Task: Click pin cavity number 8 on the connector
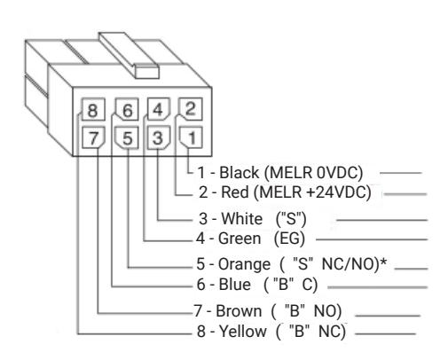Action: (93, 109)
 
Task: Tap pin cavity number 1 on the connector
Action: (192, 137)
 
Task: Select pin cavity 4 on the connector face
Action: (159, 109)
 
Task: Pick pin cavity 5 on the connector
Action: (127, 137)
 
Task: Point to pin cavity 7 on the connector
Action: (93, 137)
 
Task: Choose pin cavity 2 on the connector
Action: (191, 109)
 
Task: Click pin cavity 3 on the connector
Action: (159, 137)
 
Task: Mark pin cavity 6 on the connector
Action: (127, 109)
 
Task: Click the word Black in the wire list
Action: (239, 173)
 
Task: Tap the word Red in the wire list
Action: (235, 192)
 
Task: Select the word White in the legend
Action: (242, 219)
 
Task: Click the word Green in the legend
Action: (240, 239)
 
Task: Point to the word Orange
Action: (244, 264)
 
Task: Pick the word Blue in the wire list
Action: (235, 285)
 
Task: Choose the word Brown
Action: (239, 311)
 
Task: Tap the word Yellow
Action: (242, 331)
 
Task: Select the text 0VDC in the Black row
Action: (337, 173)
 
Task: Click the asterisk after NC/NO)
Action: (383, 262)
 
